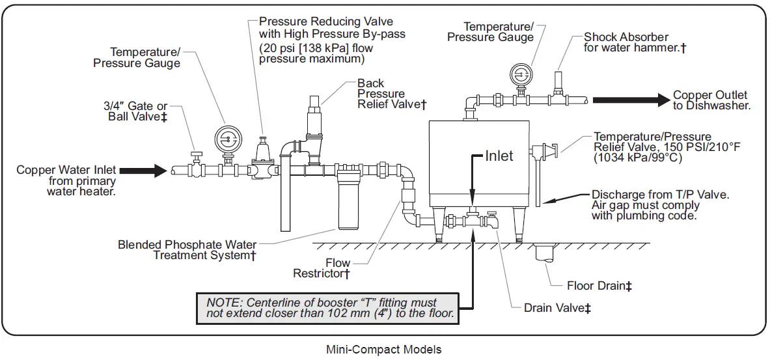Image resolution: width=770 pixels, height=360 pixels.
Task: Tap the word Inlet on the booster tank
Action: click(x=499, y=156)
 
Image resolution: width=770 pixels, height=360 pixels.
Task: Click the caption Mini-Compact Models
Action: click(x=383, y=350)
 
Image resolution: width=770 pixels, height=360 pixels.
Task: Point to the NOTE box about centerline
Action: click(x=328, y=309)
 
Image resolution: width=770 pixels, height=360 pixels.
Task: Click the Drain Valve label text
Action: click(x=557, y=308)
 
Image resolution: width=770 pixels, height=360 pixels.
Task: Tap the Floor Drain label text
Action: click(x=599, y=286)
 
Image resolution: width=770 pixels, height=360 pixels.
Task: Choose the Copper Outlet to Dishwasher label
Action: click(x=711, y=100)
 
